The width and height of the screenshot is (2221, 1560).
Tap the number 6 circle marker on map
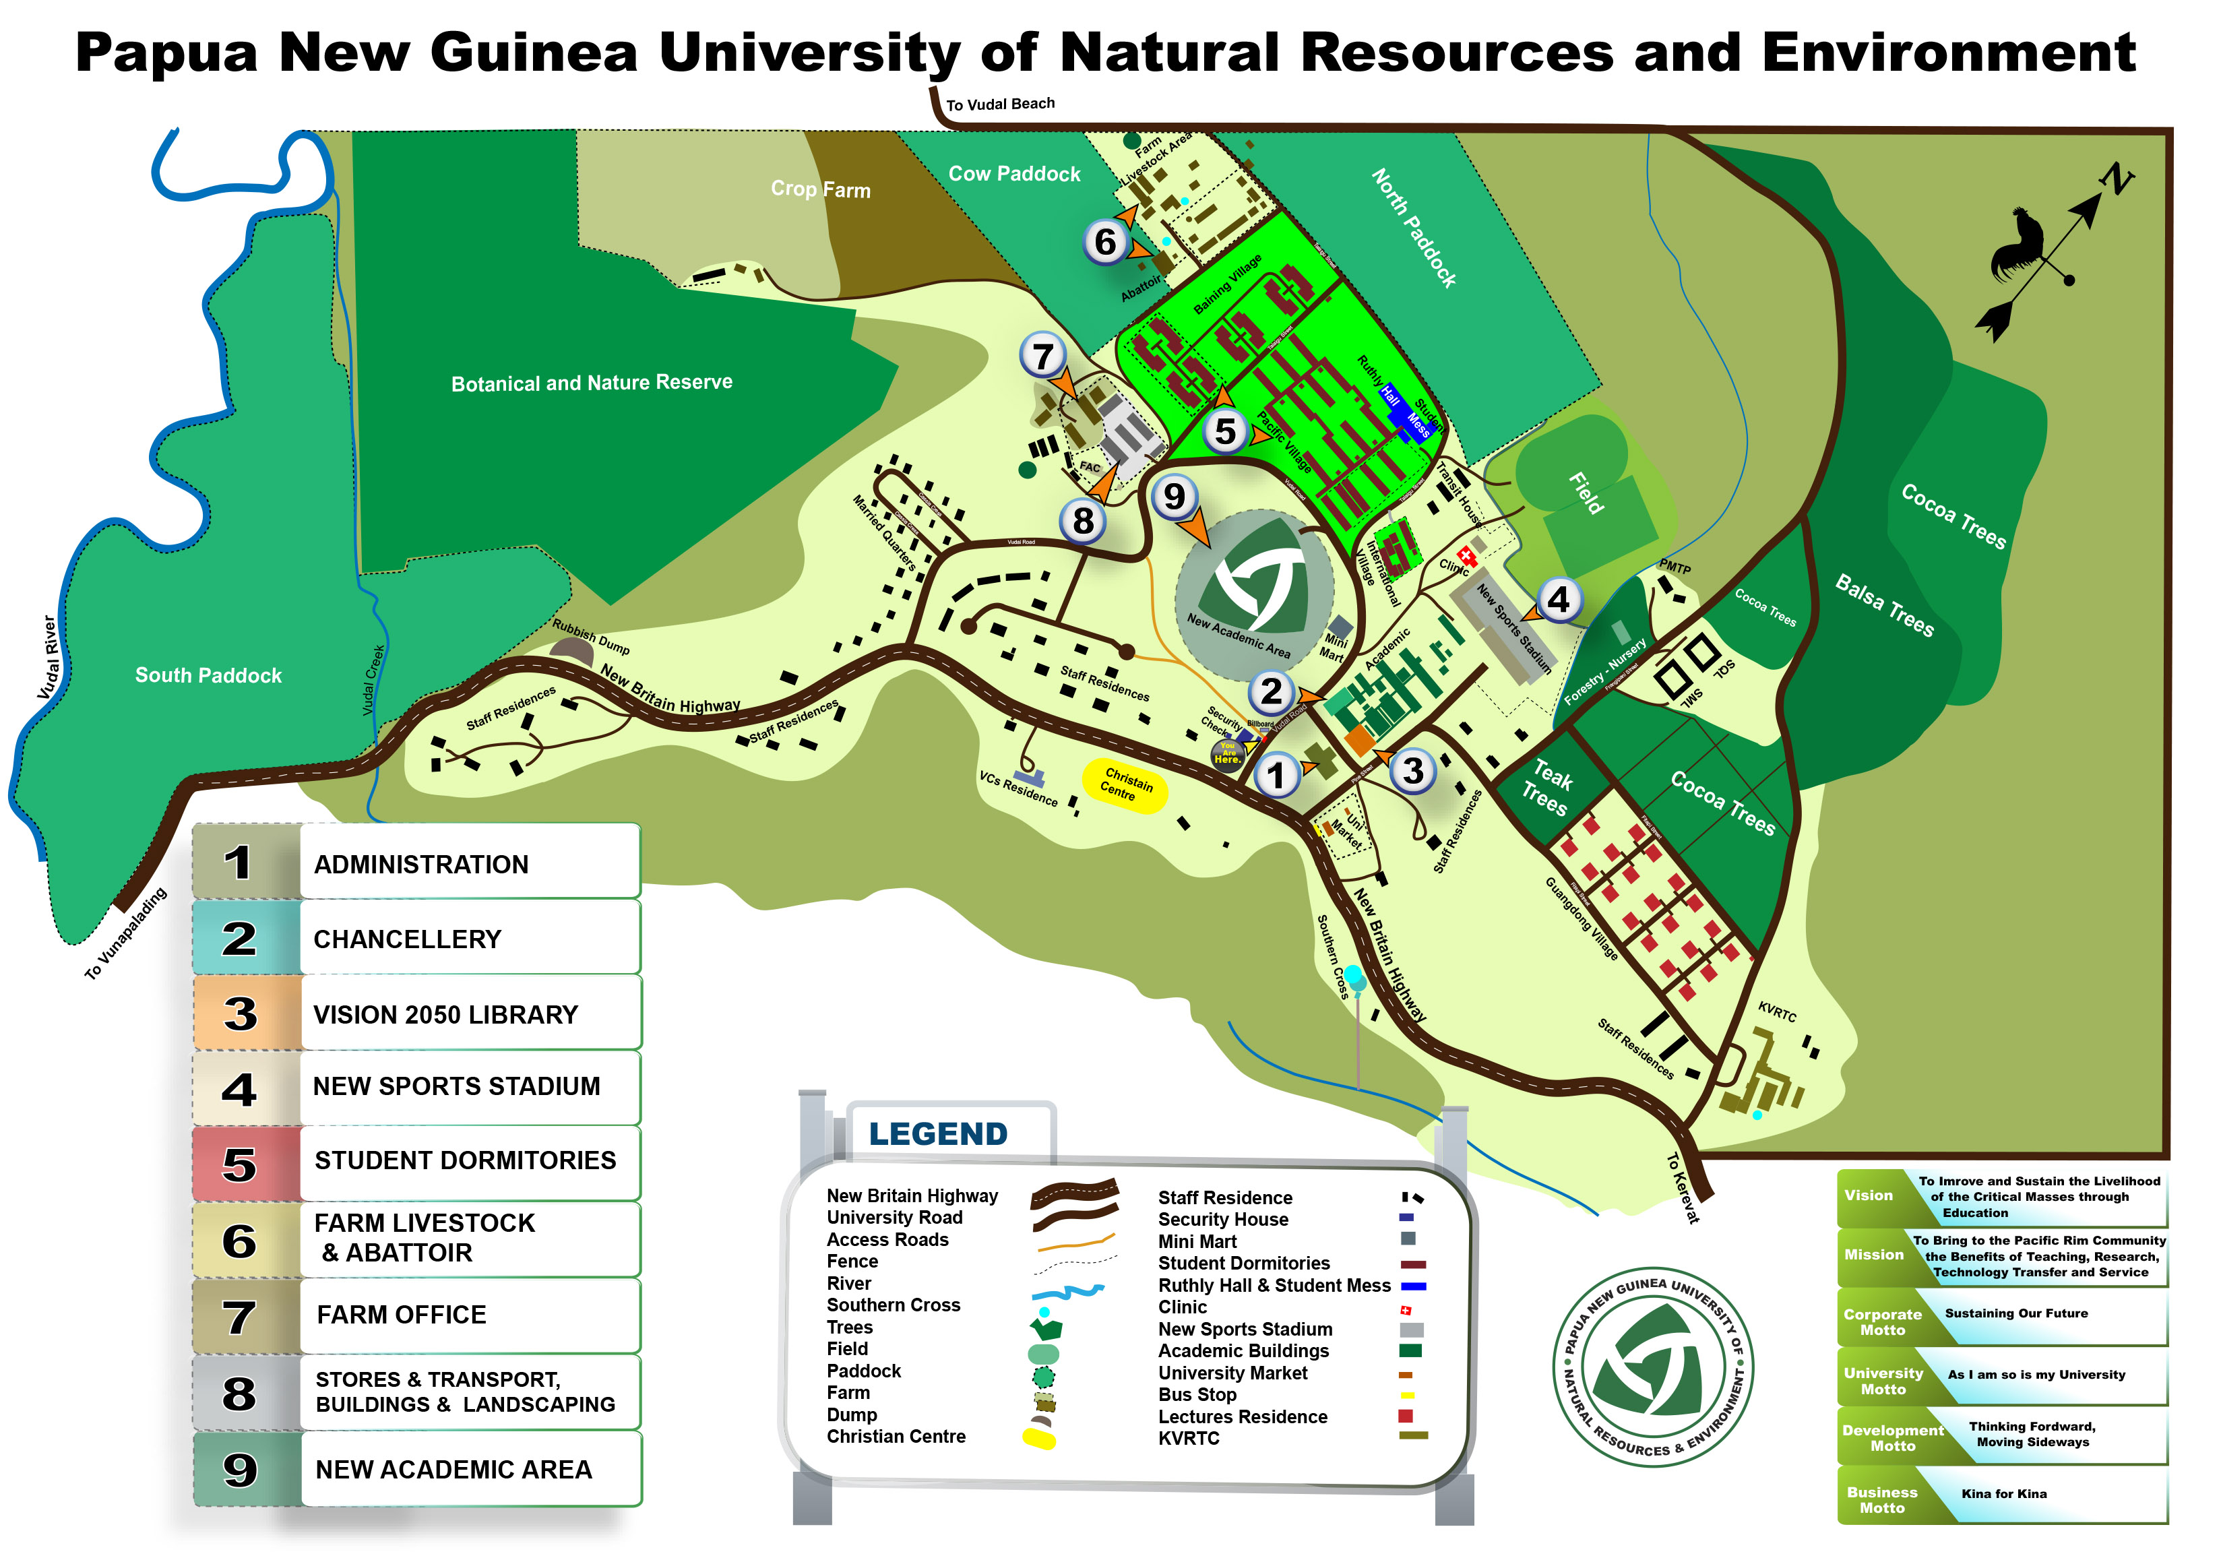[x=1104, y=242]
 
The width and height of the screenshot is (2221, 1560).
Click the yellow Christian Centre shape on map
[x=1123, y=785]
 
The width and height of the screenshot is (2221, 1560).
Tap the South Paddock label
[x=208, y=675]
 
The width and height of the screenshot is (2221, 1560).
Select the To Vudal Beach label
[x=999, y=104]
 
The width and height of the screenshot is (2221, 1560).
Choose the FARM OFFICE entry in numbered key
[x=402, y=1315]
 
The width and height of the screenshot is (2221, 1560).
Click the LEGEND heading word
[x=937, y=1133]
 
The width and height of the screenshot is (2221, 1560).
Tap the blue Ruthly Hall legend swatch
[x=1413, y=1286]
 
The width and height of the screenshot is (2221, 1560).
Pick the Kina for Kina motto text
[x=2003, y=1494]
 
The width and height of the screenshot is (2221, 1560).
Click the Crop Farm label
[x=820, y=189]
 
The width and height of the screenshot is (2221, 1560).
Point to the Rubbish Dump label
[x=591, y=636]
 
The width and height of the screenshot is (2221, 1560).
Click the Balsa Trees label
[x=1884, y=605]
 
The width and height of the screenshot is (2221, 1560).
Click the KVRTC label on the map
[x=1776, y=1011]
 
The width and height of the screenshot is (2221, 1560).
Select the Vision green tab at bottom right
[x=1868, y=1195]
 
